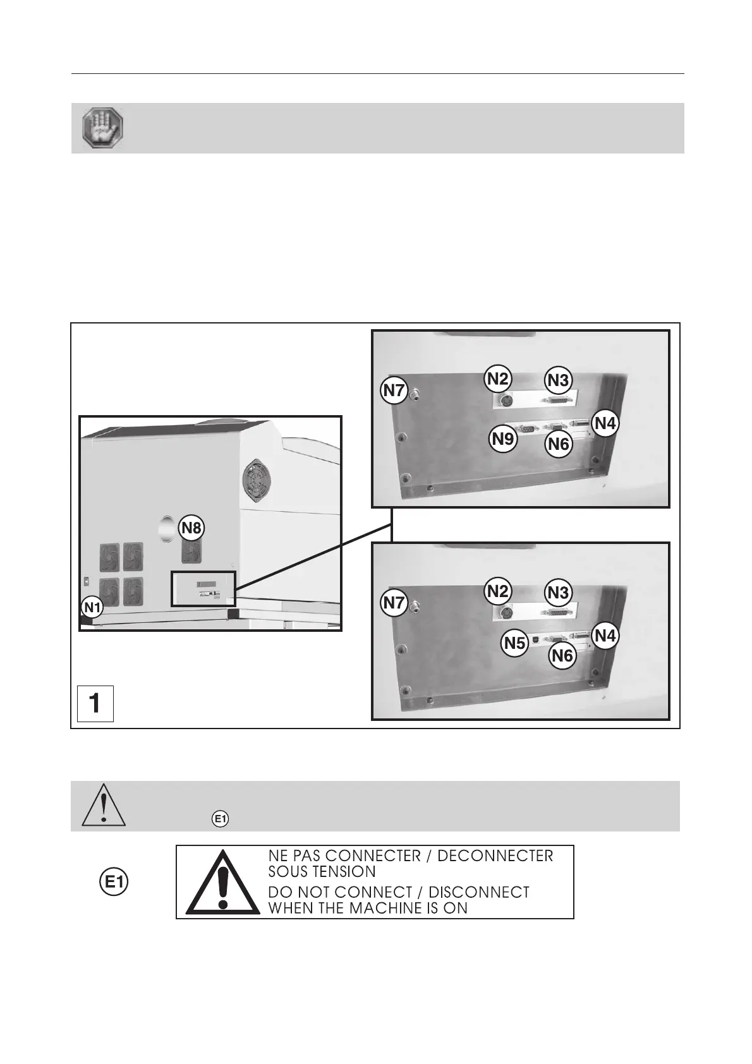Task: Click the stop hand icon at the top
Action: pos(103,128)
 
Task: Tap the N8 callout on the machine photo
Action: pos(191,528)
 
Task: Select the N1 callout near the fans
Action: pos(92,608)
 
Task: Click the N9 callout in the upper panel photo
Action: pos(504,438)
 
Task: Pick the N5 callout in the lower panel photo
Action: pos(514,643)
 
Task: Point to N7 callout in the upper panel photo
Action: pos(394,390)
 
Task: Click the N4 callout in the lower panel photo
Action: pos(605,636)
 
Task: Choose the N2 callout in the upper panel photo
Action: pos(497,378)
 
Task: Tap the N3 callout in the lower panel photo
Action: pos(558,593)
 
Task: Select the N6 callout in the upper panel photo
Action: pos(559,444)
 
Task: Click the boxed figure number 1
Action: pos(95,703)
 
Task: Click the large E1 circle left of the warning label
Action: pos(114,883)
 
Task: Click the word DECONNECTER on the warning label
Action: pos(495,856)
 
